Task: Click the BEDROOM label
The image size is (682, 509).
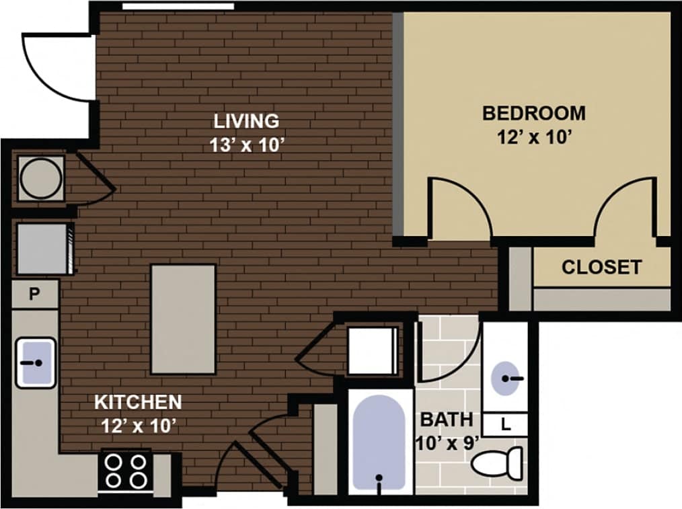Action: point(533,113)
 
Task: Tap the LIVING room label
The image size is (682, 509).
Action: point(246,122)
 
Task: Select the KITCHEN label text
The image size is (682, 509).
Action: point(138,403)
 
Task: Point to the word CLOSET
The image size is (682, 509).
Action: point(601,268)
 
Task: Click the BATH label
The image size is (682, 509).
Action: point(446,420)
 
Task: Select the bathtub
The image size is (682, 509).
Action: point(379,440)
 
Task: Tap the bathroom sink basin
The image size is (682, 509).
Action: point(506,379)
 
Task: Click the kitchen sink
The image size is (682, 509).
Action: point(36,362)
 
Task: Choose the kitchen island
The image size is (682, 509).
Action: point(183,318)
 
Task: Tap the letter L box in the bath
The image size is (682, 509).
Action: point(505,424)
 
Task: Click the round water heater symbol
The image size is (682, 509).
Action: point(40,178)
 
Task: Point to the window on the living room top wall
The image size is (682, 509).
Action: point(178,6)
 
